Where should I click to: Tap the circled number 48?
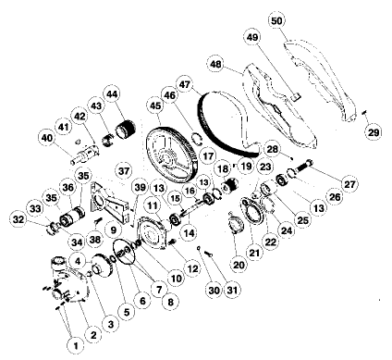click(x=216, y=65)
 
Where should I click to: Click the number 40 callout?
click(x=47, y=139)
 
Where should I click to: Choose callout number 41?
click(x=64, y=125)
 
